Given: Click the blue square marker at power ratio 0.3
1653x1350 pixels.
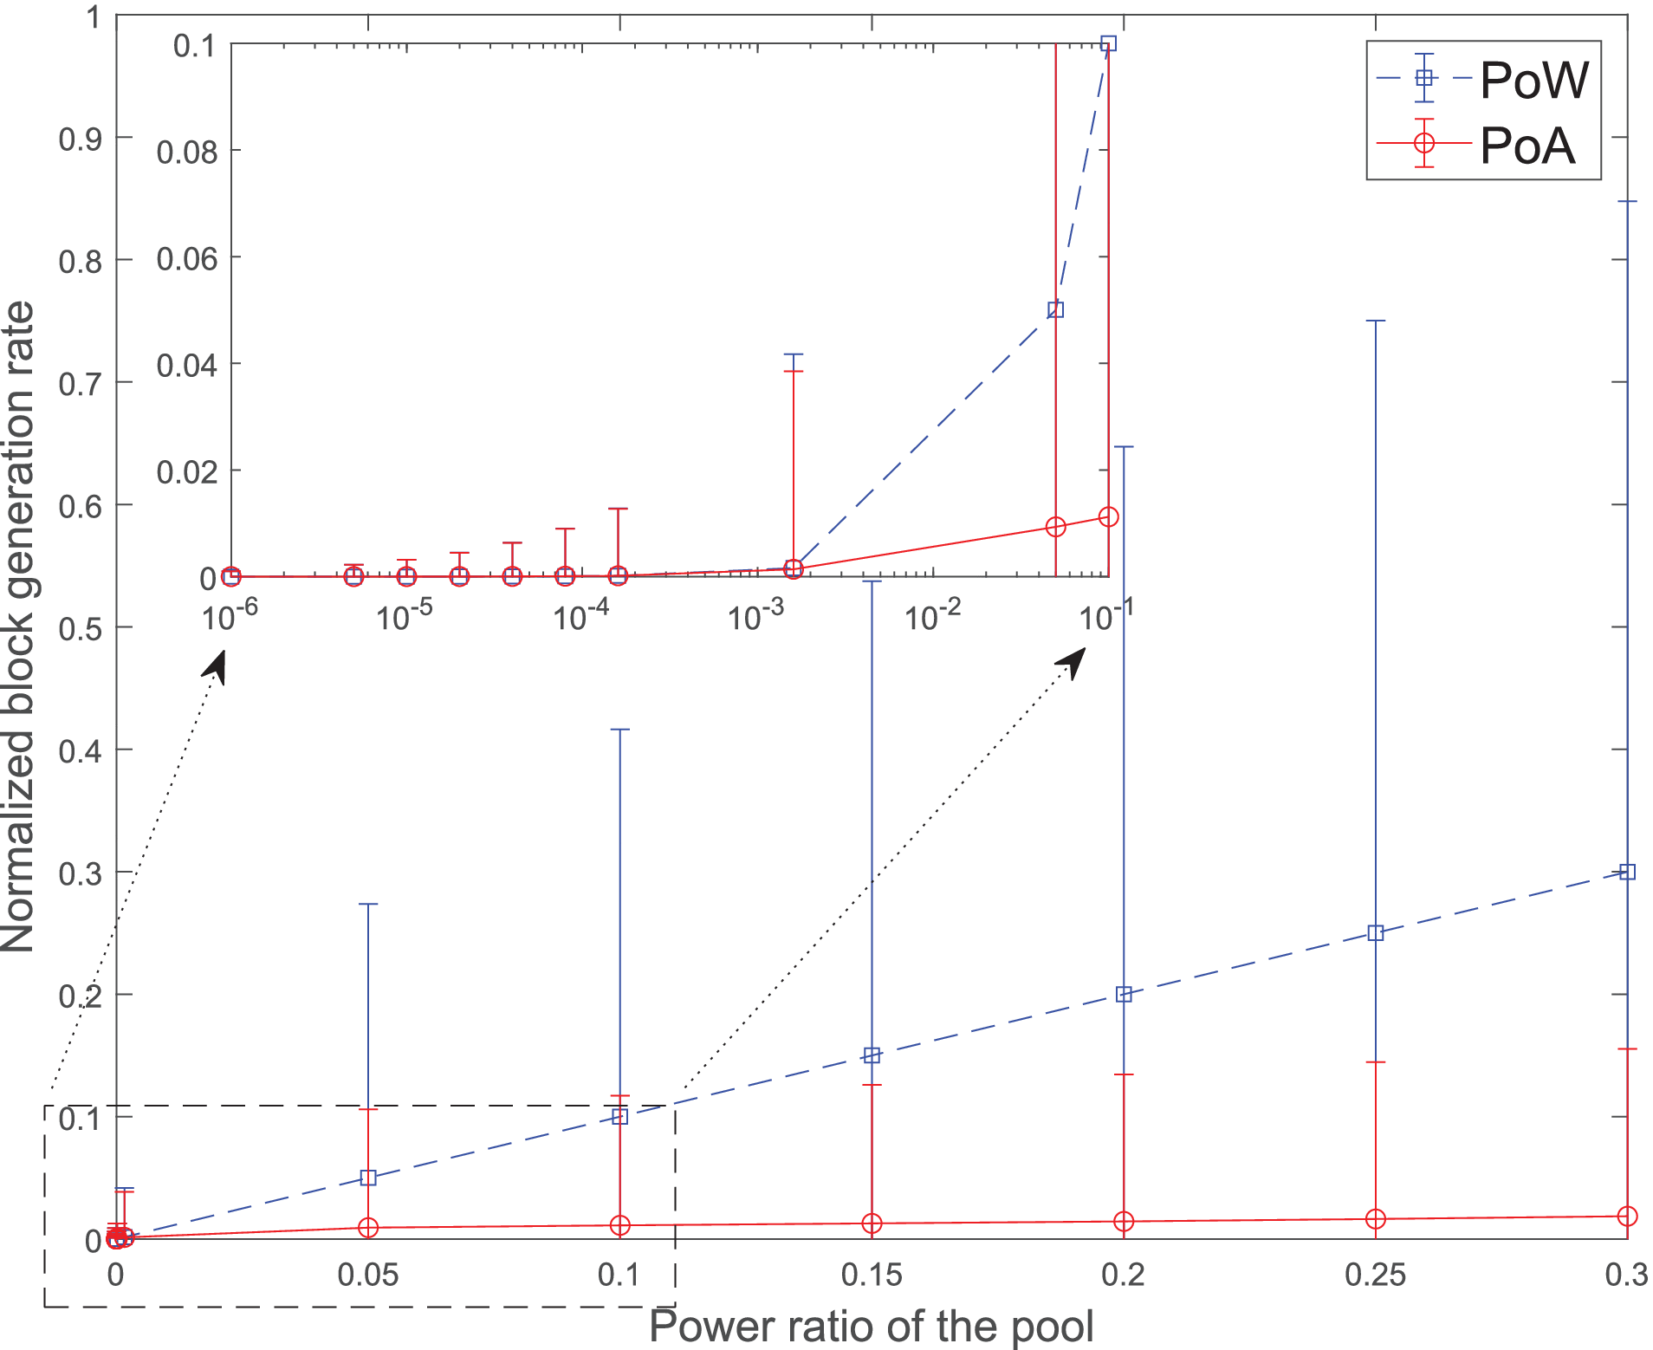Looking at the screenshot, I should pos(1627,872).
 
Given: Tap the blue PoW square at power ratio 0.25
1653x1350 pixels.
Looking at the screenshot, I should pos(1375,933).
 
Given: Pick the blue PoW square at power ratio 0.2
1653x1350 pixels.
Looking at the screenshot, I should pos(1124,994).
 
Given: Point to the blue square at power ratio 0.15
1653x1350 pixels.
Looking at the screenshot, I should pos(872,1055).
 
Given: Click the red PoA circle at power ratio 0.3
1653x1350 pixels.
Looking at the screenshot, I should pos(1627,1217).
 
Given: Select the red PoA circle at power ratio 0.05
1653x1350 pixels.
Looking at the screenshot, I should pos(368,1227).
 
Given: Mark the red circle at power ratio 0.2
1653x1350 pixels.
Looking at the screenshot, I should pos(1124,1222).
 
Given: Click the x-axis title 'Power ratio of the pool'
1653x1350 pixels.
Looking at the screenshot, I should pos(871,1327).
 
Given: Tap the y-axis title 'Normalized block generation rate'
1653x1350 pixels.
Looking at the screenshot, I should pos(19,626).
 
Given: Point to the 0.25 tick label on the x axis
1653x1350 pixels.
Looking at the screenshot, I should pos(1375,1275).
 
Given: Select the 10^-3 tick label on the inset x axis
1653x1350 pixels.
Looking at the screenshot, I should pos(756,616).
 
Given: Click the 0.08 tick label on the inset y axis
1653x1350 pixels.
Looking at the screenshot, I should pos(186,153).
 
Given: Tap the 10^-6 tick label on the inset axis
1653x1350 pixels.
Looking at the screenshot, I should pos(230,616).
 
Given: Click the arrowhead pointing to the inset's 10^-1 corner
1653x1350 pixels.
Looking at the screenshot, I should pos(1074,660).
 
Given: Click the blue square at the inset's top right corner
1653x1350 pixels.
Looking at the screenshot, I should pos(1108,43).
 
